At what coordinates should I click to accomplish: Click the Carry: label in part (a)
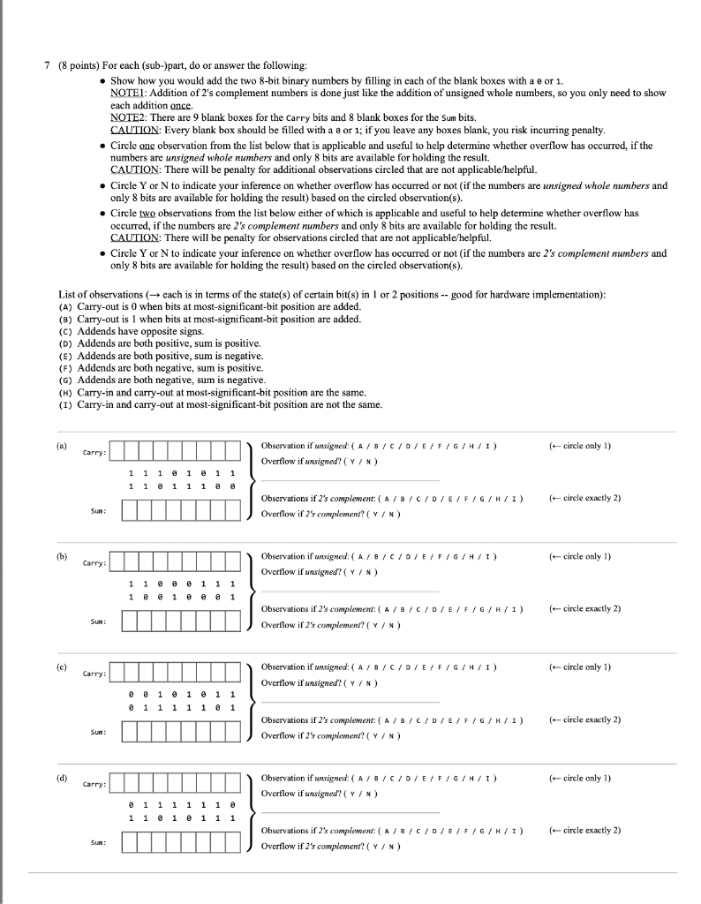tap(94, 453)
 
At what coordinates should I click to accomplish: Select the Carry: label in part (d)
tap(94, 784)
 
